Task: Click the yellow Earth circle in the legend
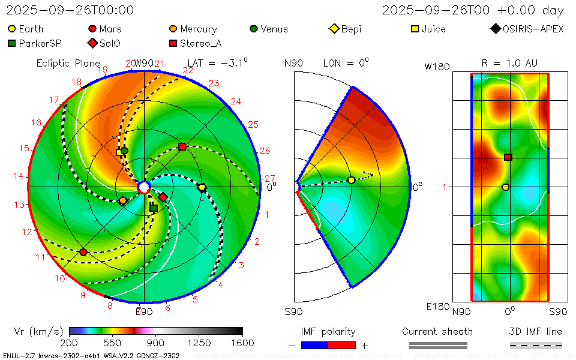(x=11, y=29)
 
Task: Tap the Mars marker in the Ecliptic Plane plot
(x=83, y=252)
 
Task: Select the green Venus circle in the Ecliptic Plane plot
(x=125, y=151)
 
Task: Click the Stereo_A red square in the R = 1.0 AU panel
(x=508, y=157)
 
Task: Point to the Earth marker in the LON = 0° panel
(x=352, y=181)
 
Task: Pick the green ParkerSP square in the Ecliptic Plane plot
(x=153, y=208)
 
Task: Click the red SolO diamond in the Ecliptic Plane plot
(x=163, y=197)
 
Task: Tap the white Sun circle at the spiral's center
(x=144, y=187)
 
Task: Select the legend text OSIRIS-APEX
(x=533, y=29)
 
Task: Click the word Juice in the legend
(x=433, y=29)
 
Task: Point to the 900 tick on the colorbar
(x=156, y=343)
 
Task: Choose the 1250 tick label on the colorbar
(x=199, y=343)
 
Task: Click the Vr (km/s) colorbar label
(x=38, y=331)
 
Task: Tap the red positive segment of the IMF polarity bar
(x=342, y=345)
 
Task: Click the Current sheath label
(x=437, y=331)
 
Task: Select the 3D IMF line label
(x=535, y=331)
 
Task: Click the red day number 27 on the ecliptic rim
(x=270, y=178)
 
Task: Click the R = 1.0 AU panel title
(x=509, y=62)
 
